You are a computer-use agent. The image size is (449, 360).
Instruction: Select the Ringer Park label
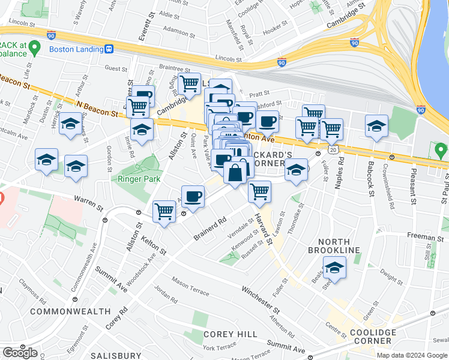tap(142, 178)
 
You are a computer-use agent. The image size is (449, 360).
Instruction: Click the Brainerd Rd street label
tap(209, 227)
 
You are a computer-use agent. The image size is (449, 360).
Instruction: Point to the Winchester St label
tap(261, 300)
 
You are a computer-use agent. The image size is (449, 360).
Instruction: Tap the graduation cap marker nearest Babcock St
tap(376, 126)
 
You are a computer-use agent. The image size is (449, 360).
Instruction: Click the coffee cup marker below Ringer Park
tap(193, 196)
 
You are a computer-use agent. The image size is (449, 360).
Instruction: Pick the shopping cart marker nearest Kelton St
tap(164, 211)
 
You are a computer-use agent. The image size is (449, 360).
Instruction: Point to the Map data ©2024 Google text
tap(412, 355)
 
